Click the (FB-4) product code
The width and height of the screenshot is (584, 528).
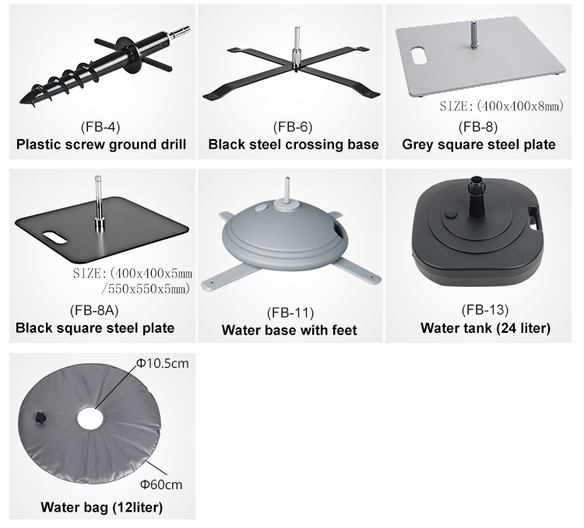click(100, 128)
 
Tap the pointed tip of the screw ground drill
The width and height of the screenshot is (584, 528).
click(20, 102)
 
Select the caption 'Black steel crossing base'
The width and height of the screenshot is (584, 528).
click(294, 145)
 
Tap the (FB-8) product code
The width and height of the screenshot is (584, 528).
click(478, 128)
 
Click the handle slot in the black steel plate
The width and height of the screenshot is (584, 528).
click(55, 238)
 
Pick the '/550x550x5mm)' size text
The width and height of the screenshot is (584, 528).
click(146, 289)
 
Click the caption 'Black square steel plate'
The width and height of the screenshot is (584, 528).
click(95, 328)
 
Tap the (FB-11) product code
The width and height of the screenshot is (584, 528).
click(290, 313)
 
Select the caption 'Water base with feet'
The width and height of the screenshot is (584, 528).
click(290, 330)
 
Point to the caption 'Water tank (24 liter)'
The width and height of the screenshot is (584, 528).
click(486, 328)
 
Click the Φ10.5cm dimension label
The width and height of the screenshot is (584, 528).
click(163, 363)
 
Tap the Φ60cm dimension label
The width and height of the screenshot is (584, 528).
click(161, 485)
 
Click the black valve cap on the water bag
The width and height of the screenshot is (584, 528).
click(40, 418)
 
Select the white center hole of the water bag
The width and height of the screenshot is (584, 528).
click(90, 418)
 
